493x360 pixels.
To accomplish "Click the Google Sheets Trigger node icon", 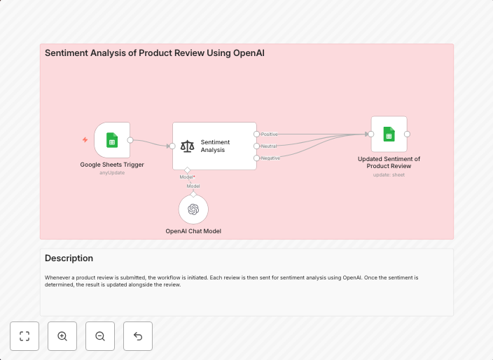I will [112, 140].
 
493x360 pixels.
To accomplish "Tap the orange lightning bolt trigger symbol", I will [85, 140].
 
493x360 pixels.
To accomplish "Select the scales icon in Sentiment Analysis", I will [187, 146].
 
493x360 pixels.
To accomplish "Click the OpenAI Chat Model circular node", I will [193, 209].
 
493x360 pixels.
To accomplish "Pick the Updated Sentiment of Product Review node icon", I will [389, 134].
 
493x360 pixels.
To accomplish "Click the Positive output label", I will [269, 134].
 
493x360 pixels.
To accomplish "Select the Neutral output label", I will [269, 146].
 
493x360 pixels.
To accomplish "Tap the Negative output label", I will [270, 158].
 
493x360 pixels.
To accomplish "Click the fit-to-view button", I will [25, 336].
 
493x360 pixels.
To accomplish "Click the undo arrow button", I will [138, 336].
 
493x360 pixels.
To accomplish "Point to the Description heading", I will [69, 258].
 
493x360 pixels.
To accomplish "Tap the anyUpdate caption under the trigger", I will [112, 172].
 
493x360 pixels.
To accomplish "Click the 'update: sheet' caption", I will [389, 174].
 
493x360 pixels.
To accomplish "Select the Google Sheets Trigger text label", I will [112, 165].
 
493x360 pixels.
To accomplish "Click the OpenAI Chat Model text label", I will [193, 230].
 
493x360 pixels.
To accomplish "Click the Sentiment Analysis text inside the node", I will [214, 146].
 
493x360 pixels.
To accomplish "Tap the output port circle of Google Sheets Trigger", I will [130, 140].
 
